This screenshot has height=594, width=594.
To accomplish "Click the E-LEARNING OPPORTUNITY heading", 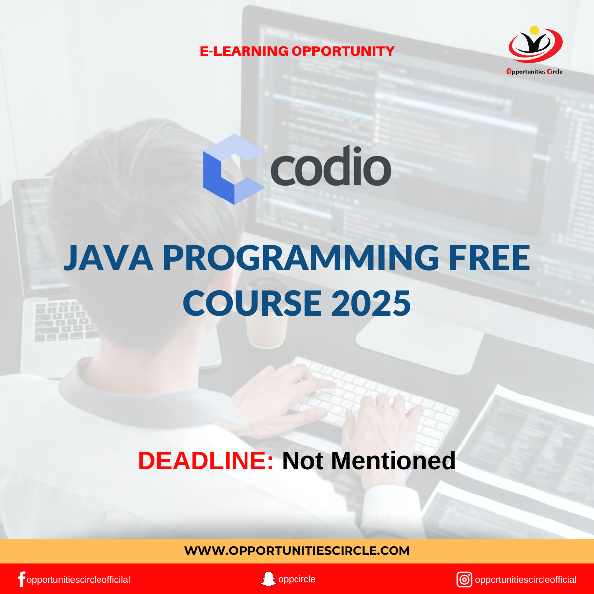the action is click(x=297, y=51).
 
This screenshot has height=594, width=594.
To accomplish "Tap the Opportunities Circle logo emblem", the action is click(x=536, y=45).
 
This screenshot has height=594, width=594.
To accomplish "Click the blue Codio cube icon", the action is click(x=234, y=169).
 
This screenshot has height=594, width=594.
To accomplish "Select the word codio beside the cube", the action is click(x=331, y=166).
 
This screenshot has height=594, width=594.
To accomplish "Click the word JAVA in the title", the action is click(x=108, y=258).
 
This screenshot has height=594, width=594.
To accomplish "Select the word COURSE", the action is click(x=252, y=303).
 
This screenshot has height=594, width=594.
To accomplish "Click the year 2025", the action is click(x=371, y=303).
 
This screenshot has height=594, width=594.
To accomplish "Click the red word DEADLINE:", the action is click(x=205, y=461).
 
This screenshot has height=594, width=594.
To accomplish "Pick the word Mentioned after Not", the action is click(x=393, y=461).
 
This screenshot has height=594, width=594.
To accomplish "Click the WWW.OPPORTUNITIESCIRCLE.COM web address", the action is click(x=297, y=551).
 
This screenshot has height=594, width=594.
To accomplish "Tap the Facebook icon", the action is click(x=21, y=579).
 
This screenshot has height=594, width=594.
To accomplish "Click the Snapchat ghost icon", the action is click(x=268, y=579).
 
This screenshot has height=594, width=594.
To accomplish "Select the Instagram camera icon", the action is click(x=464, y=580).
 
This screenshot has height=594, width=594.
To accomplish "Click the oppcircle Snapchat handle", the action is click(x=297, y=579).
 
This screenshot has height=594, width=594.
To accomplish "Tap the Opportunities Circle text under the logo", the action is click(x=535, y=71).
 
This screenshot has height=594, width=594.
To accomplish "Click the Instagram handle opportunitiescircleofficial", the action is click(x=526, y=580).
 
